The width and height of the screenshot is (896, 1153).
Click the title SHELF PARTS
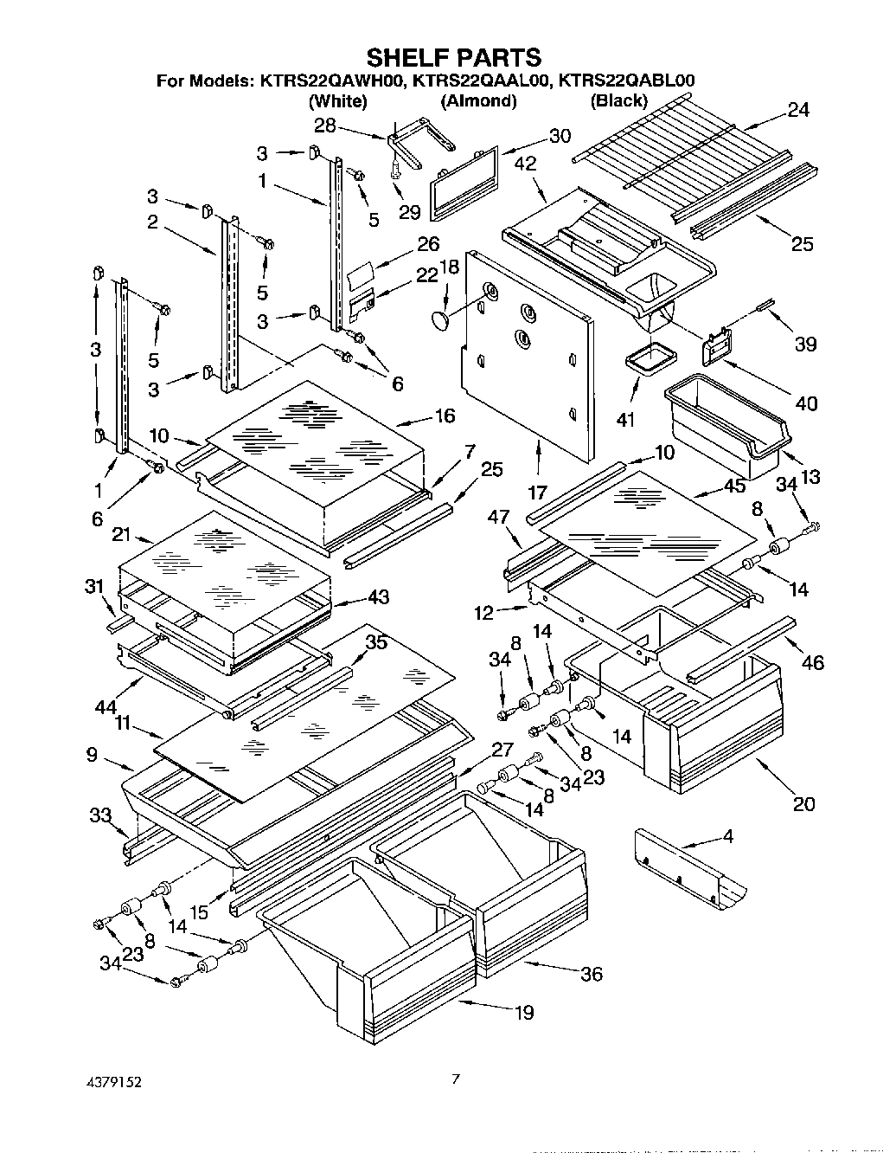454,57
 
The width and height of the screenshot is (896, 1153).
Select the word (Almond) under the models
478,101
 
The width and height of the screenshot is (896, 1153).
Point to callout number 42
525,164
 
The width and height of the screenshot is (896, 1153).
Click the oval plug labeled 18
442,321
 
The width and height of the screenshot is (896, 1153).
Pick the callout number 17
537,493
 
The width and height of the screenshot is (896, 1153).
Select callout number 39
804,345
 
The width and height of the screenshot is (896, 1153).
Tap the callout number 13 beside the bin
810,476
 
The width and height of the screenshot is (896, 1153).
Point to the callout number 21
120,535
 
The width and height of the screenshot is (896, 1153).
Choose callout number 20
803,804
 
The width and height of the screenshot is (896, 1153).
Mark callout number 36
591,974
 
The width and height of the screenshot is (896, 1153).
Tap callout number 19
523,1012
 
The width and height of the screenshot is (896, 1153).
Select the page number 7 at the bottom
455,1079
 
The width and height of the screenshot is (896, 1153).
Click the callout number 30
560,136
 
